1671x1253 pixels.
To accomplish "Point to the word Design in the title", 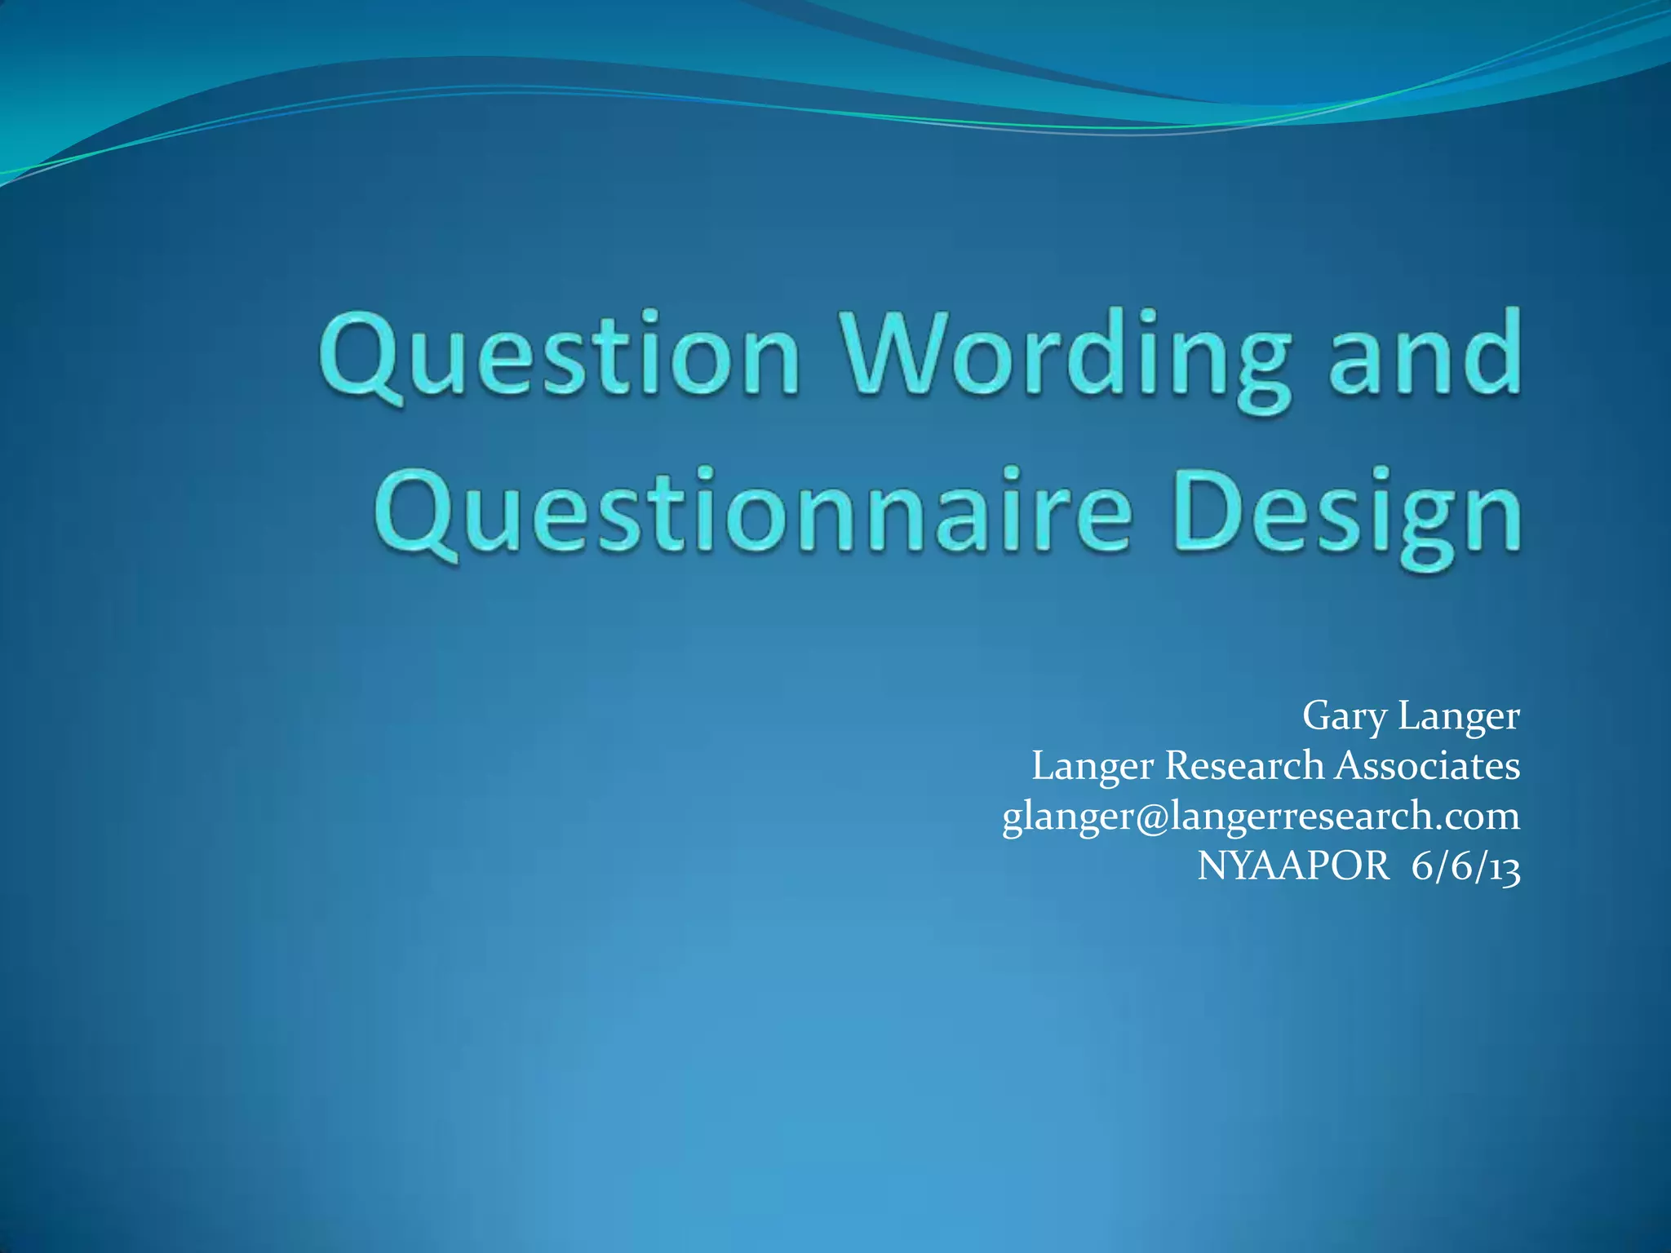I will point(1350,514).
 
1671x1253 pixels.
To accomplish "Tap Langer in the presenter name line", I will point(1459,715).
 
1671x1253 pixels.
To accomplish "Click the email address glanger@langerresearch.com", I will point(1261,817).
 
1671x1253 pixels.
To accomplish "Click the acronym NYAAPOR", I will point(1292,865).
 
